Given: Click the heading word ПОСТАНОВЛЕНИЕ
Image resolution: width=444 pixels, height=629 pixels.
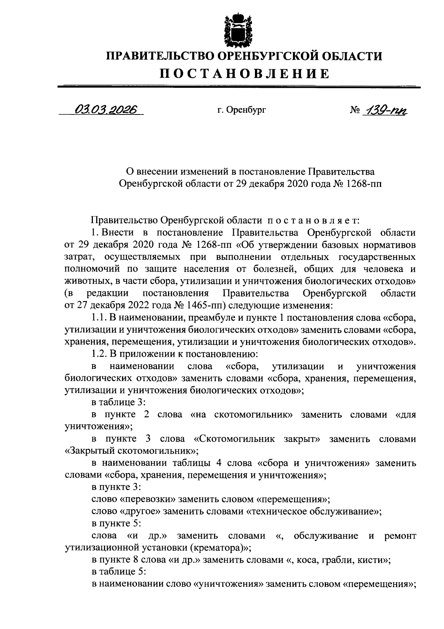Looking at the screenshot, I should (245, 74).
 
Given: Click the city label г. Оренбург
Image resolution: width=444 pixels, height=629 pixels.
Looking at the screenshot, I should (241, 110).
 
